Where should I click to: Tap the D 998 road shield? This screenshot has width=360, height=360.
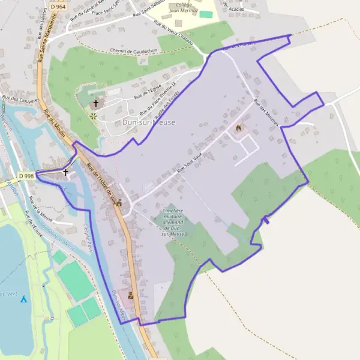(x=26, y=176)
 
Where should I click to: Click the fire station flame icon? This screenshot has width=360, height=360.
(x=239, y=128)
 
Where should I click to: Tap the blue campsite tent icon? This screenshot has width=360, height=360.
(x=23, y=298)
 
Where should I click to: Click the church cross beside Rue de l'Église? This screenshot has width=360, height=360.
(x=95, y=103)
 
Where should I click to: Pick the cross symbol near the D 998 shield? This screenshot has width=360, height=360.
(x=65, y=172)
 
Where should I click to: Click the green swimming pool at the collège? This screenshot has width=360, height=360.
(x=206, y=13)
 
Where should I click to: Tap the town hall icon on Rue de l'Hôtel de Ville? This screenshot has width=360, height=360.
(x=119, y=203)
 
